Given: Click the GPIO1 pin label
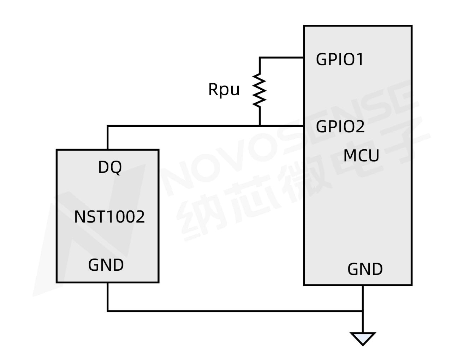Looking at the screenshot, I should [339, 59].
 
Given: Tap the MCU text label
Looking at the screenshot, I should [361, 156].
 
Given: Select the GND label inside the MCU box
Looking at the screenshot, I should [365, 269].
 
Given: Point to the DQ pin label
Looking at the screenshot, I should [110, 167].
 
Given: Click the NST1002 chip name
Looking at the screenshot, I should [109, 216].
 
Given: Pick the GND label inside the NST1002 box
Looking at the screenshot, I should [106, 265].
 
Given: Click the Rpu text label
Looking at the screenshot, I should [224, 89].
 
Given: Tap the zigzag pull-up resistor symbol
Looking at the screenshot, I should [260, 90].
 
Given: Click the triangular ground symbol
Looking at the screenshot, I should [363, 338].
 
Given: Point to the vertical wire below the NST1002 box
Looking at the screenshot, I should [107, 296].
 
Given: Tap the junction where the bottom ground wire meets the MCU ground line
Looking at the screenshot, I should [363, 311].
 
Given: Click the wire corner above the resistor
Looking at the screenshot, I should [260, 58].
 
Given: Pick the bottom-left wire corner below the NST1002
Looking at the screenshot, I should [107, 311].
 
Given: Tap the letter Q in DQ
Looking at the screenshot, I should [116, 167].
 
